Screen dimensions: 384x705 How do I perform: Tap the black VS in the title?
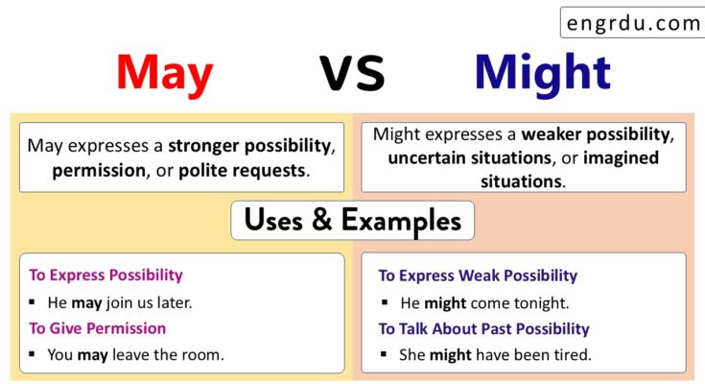352,73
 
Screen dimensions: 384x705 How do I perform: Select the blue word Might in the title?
542,73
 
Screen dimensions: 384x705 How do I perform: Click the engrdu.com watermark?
633,23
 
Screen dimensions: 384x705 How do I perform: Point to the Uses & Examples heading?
352,221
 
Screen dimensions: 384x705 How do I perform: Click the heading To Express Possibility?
106,276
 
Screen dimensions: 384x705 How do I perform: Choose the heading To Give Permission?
97,328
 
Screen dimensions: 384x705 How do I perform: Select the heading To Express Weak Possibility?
478,276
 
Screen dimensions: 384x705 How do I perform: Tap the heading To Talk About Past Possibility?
483,329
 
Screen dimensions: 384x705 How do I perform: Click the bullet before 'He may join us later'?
34,303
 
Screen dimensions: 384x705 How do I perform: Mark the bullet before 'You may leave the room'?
34,355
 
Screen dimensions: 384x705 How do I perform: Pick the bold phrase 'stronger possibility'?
249,147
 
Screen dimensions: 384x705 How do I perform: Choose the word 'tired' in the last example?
572,355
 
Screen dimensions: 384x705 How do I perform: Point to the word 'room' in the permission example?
200,355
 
